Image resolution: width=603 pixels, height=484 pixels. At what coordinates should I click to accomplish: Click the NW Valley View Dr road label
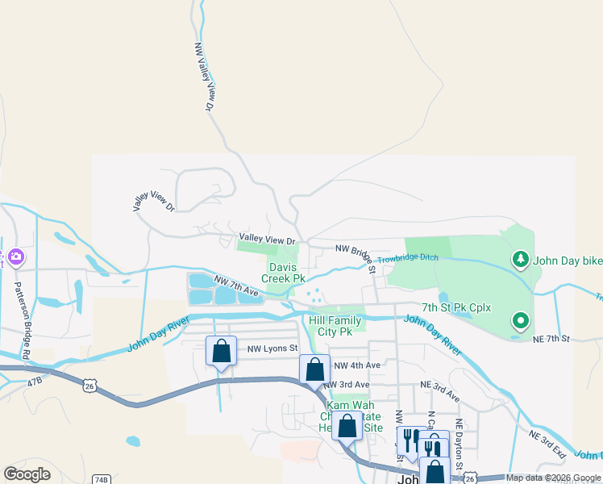(203, 77)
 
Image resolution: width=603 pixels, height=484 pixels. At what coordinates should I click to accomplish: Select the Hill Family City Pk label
(335, 326)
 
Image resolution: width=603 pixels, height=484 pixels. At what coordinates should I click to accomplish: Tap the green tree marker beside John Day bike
(521, 259)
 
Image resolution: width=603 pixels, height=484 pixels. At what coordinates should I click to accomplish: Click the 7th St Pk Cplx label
(456, 308)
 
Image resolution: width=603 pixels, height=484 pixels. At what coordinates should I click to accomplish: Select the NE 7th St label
(551, 340)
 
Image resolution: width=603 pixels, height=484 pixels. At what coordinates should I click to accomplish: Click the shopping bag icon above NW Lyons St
(221, 351)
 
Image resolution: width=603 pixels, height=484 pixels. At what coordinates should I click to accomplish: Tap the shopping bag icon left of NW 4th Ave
(314, 370)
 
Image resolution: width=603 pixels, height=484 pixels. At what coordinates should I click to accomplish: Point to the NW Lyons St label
(272, 348)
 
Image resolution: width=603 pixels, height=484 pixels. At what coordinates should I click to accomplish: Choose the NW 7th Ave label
(236, 285)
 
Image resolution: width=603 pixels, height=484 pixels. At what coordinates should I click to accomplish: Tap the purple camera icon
(17, 258)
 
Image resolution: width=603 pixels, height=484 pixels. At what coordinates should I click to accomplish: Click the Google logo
(27, 474)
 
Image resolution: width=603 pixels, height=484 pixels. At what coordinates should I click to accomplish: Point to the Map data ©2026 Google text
(553, 478)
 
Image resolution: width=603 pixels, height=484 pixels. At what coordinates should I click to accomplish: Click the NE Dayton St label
(459, 444)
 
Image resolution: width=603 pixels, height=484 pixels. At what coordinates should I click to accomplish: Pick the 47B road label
(33, 381)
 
